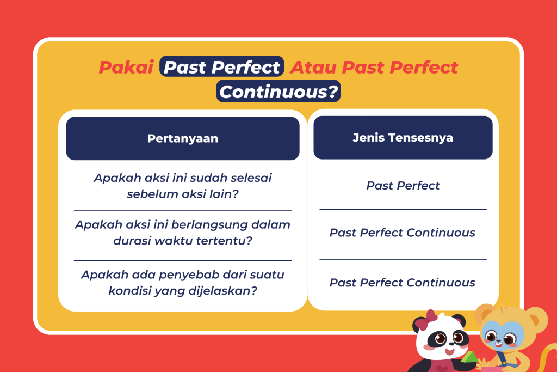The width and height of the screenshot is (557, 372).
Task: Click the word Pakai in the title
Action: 126,67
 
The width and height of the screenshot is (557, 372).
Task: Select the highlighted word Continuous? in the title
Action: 278,92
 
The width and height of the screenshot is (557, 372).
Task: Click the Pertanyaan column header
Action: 183,138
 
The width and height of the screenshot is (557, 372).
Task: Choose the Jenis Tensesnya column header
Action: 403,138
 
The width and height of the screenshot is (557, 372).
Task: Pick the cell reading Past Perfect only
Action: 403,185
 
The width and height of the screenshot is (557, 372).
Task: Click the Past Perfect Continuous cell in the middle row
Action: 402,233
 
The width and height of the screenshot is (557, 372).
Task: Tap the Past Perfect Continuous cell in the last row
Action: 402,283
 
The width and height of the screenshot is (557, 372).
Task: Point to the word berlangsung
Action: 202,225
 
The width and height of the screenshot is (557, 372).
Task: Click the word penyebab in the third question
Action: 185,275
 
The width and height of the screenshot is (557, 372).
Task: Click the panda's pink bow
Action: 426,319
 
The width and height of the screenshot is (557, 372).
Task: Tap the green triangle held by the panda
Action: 468,357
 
